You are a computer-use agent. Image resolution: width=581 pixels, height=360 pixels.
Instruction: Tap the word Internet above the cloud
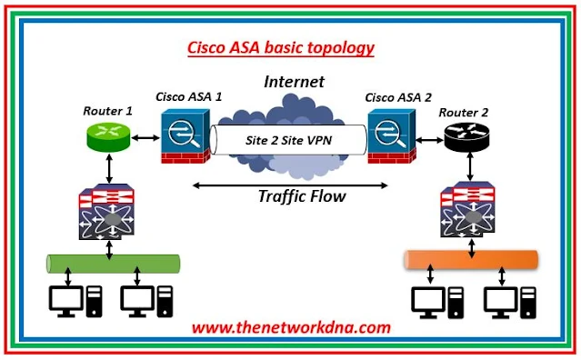click(294, 82)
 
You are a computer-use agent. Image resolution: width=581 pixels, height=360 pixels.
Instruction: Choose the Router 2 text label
click(465, 112)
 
